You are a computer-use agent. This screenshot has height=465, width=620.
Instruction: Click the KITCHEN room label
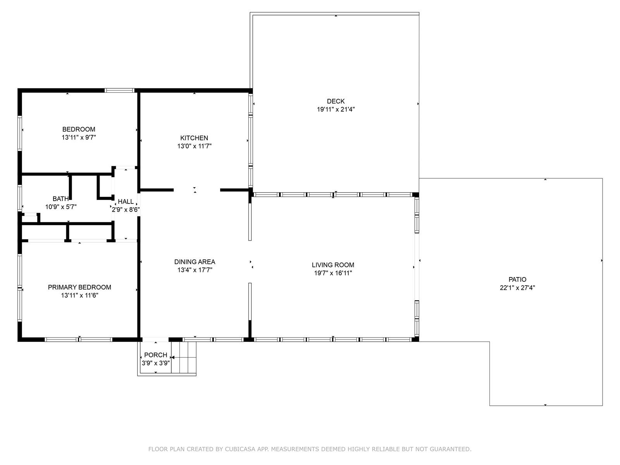(x=194, y=138)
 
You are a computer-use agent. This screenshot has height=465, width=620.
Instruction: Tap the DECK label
(x=336, y=101)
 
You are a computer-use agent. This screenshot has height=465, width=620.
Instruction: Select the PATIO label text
(x=517, y=279)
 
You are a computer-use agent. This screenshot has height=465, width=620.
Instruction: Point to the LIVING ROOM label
(x=333, y=265)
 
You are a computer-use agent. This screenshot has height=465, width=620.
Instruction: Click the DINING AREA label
(x=195, y=262)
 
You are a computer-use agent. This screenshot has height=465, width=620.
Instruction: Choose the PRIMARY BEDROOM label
(x=79, y=287)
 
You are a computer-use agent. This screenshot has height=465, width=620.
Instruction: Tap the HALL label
(x=126, y=201)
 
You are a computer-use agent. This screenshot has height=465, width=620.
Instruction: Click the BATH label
(x=60, y=199)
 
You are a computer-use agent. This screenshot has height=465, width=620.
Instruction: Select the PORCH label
(x=156, y=355)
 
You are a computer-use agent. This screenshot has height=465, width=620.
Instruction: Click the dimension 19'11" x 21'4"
(x=336, y=109)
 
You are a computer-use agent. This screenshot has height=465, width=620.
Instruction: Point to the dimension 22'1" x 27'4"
(x=517, y=288)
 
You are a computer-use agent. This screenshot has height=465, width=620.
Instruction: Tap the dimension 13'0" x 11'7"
(x=195, y=146)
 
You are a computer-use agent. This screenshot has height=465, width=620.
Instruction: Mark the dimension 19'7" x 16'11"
(x=333, y=273)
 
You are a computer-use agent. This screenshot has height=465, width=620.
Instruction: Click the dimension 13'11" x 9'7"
(x=79, y=138)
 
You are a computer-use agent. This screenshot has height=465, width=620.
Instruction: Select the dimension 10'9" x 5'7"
(x=61, y=207)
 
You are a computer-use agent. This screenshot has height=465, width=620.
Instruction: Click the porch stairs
(x=184, y=357)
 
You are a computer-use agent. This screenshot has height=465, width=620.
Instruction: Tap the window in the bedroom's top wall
(x=119, y=90)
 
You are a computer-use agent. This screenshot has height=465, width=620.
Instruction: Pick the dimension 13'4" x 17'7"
(x=195, y=270)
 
